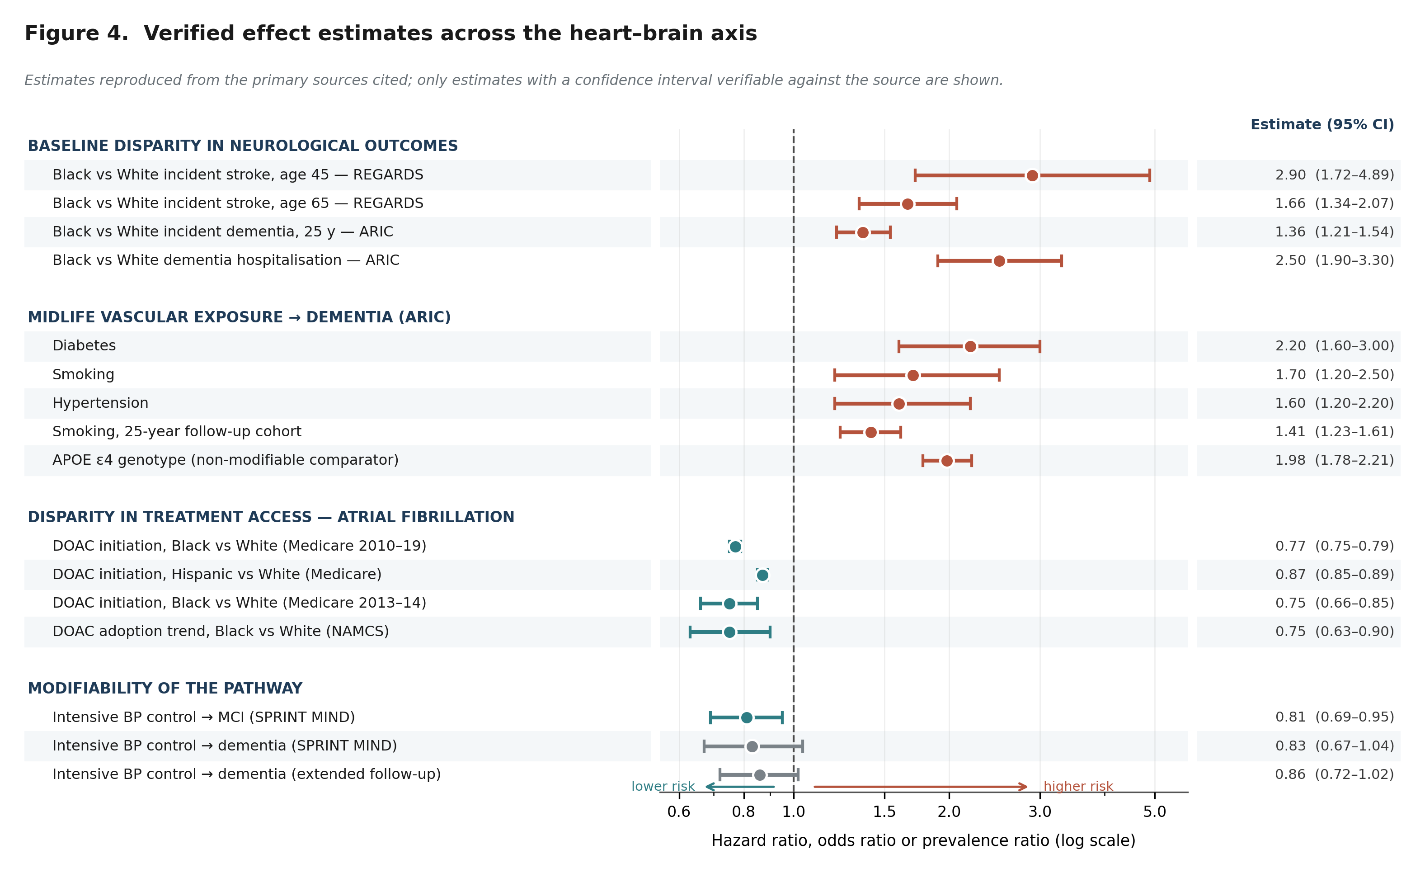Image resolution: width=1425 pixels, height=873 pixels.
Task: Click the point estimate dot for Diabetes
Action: point(970,347)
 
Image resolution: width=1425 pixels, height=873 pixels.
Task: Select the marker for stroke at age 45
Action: point(1032,175)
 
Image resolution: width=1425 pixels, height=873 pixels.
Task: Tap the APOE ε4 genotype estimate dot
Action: point(947,461)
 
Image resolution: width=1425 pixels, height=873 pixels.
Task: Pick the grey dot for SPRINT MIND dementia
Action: point(752,746)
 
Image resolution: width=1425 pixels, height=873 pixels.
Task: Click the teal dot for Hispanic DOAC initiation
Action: point(762,575)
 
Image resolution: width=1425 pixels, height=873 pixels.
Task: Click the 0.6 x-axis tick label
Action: point(679,812)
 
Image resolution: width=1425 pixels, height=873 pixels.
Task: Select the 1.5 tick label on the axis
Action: point(884,812)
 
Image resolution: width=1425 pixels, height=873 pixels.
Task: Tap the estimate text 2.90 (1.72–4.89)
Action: point(1335,175)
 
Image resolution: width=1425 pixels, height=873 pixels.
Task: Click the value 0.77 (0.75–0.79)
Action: point(1335,546)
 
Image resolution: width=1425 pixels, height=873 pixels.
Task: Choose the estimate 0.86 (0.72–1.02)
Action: point(1335,774)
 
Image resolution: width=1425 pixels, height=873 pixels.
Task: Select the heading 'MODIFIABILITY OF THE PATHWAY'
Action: point(165,689)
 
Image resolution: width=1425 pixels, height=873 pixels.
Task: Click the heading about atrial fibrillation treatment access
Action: point(271,517)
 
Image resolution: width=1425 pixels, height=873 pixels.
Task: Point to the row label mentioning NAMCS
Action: point(221,631)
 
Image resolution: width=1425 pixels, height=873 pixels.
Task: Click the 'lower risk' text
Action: point(663,786)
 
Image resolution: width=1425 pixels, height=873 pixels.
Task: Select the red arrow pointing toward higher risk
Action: point(921,787)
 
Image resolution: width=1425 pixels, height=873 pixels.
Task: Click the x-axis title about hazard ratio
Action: point(923,840)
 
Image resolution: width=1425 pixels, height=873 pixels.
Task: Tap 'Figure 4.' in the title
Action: point(76,33)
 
